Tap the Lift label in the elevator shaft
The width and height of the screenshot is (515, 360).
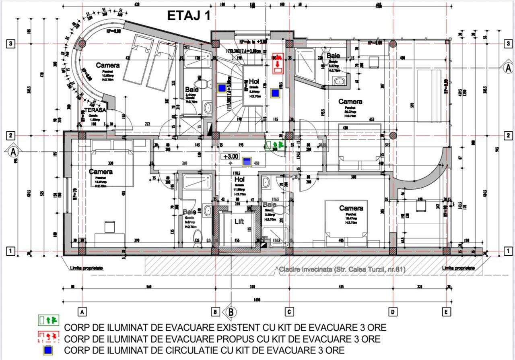click(239, 221)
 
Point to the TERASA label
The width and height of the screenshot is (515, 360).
click(95, 110)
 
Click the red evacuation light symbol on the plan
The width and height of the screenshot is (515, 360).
click(278, 63)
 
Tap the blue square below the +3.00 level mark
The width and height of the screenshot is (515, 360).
click(246, 162)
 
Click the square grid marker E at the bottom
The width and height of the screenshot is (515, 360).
click(446, 311)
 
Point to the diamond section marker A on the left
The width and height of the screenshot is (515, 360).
click(13, 151)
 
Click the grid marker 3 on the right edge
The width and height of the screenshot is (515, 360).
click(509, 43)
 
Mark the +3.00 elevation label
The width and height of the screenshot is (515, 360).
click(231, 156)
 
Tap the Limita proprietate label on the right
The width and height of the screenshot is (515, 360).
click(458, 268)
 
